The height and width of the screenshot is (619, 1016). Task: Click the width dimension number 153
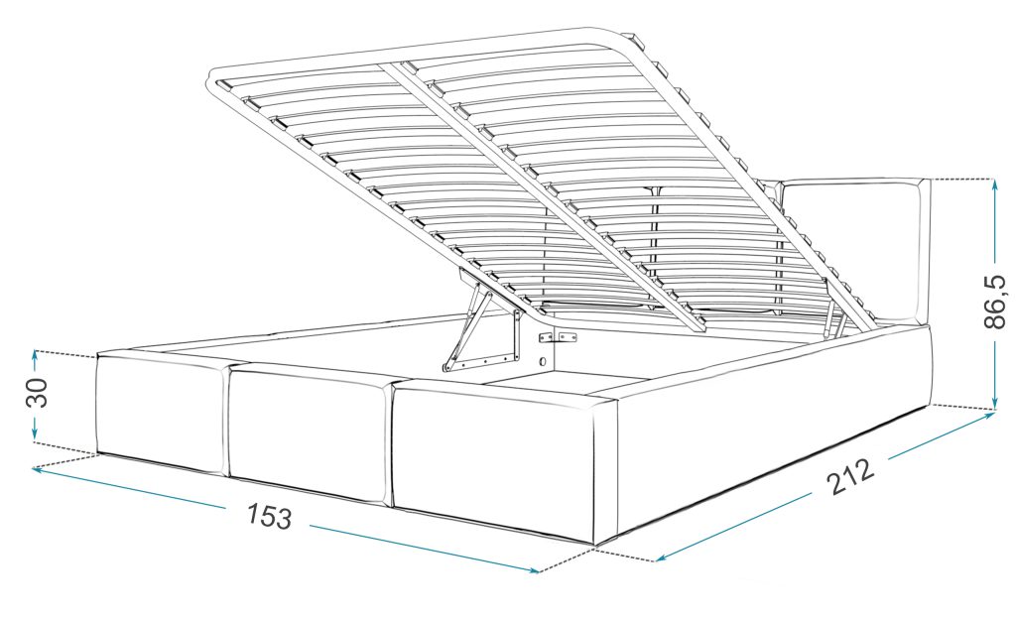[269, 516]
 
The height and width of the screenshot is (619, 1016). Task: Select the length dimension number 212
[850, 476]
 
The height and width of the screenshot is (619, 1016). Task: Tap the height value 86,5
[994, 302]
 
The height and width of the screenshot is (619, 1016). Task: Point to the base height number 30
[37, 392]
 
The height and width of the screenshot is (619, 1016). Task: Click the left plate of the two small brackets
[546, 338]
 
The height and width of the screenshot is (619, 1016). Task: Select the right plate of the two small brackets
[569, 336]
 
